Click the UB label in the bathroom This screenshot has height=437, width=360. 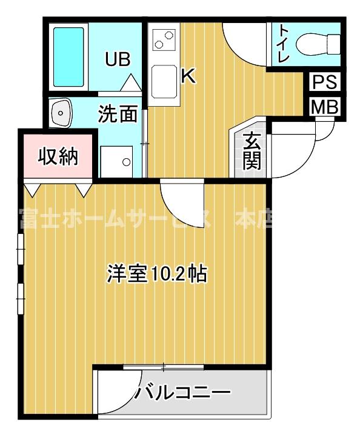(x=118, y=59)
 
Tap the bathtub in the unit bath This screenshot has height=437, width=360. (x=68, y=56)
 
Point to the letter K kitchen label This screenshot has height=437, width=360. (x=188, y=77)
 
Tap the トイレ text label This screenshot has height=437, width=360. (x=283, y=43)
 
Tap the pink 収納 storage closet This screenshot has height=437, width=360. (x=59, y=156)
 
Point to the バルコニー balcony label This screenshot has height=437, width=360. (x=182, y=393)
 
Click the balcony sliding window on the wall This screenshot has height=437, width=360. (x=164, y=367)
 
